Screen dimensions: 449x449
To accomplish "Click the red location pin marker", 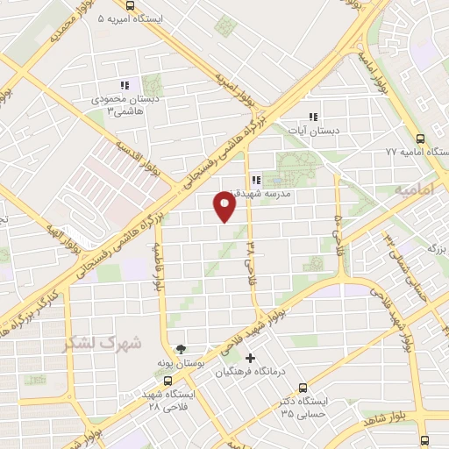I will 225,206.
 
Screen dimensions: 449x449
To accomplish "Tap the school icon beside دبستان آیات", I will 311,117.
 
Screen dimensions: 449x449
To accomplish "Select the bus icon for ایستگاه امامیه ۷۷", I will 421,139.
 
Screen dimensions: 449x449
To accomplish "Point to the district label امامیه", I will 414,189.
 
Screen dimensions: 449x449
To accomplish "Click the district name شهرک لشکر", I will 102,344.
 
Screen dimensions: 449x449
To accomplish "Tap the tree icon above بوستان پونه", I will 181,348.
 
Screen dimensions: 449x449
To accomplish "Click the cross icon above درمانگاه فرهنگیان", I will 251,358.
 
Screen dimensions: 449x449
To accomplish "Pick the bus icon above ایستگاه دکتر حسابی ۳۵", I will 303,388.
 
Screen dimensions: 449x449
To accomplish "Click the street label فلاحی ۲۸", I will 250,259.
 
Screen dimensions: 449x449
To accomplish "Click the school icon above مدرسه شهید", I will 255,180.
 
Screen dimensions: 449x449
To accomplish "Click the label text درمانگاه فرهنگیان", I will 249,372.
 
